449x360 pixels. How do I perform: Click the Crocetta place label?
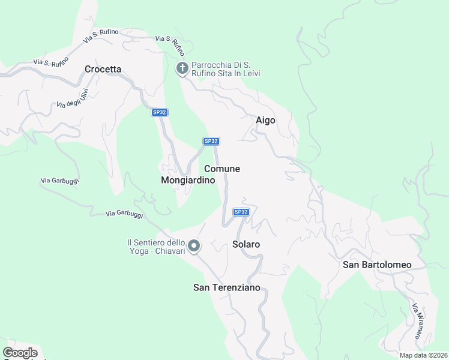pyautogui.click(x=103, y=69)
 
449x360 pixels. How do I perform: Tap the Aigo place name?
pyautogui.click(x=265, y=120)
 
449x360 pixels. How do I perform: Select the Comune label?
pyautogui.click(x=222, y=169)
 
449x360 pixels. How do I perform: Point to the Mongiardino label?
pyautogui.click(x=188, y=180)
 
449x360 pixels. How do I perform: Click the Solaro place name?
pyautogui.click(x=246, y=244)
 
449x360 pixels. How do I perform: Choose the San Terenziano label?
pyautogui.click(x=227, y=287)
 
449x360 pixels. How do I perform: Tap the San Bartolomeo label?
pyautogui.click(x=377, y=265)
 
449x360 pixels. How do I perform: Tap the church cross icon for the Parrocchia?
pyautogui.click(x=182, y=69)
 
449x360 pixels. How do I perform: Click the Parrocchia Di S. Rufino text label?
pyautogui.click(x=225, y=69)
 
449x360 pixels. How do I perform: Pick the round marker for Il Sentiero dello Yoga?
pyautogui.click(x=194, y=245)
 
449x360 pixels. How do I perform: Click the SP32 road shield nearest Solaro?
pyautogui.click(x=241, y=212)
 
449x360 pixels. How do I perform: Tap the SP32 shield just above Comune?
pyautogui.click(x=211, y=141)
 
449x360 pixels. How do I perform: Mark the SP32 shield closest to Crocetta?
pyautogui.click(x=159, y=112)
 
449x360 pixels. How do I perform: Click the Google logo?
pyautogui.click(x=20, y=353)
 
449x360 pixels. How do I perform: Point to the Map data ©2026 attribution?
pyautogui.click(x=423, y=355)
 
